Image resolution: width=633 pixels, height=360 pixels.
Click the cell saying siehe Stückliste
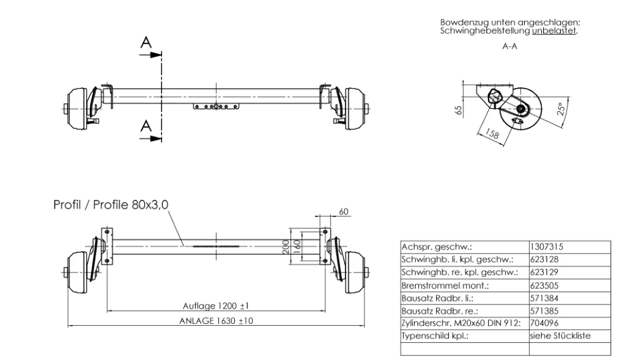pos(560,336)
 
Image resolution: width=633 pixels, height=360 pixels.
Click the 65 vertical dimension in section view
pos(460,109)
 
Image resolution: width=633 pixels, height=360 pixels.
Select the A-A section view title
pos(510,47)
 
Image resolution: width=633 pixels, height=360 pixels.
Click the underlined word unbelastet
pos(555,30)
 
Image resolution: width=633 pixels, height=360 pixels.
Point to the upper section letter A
pos(146,42)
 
